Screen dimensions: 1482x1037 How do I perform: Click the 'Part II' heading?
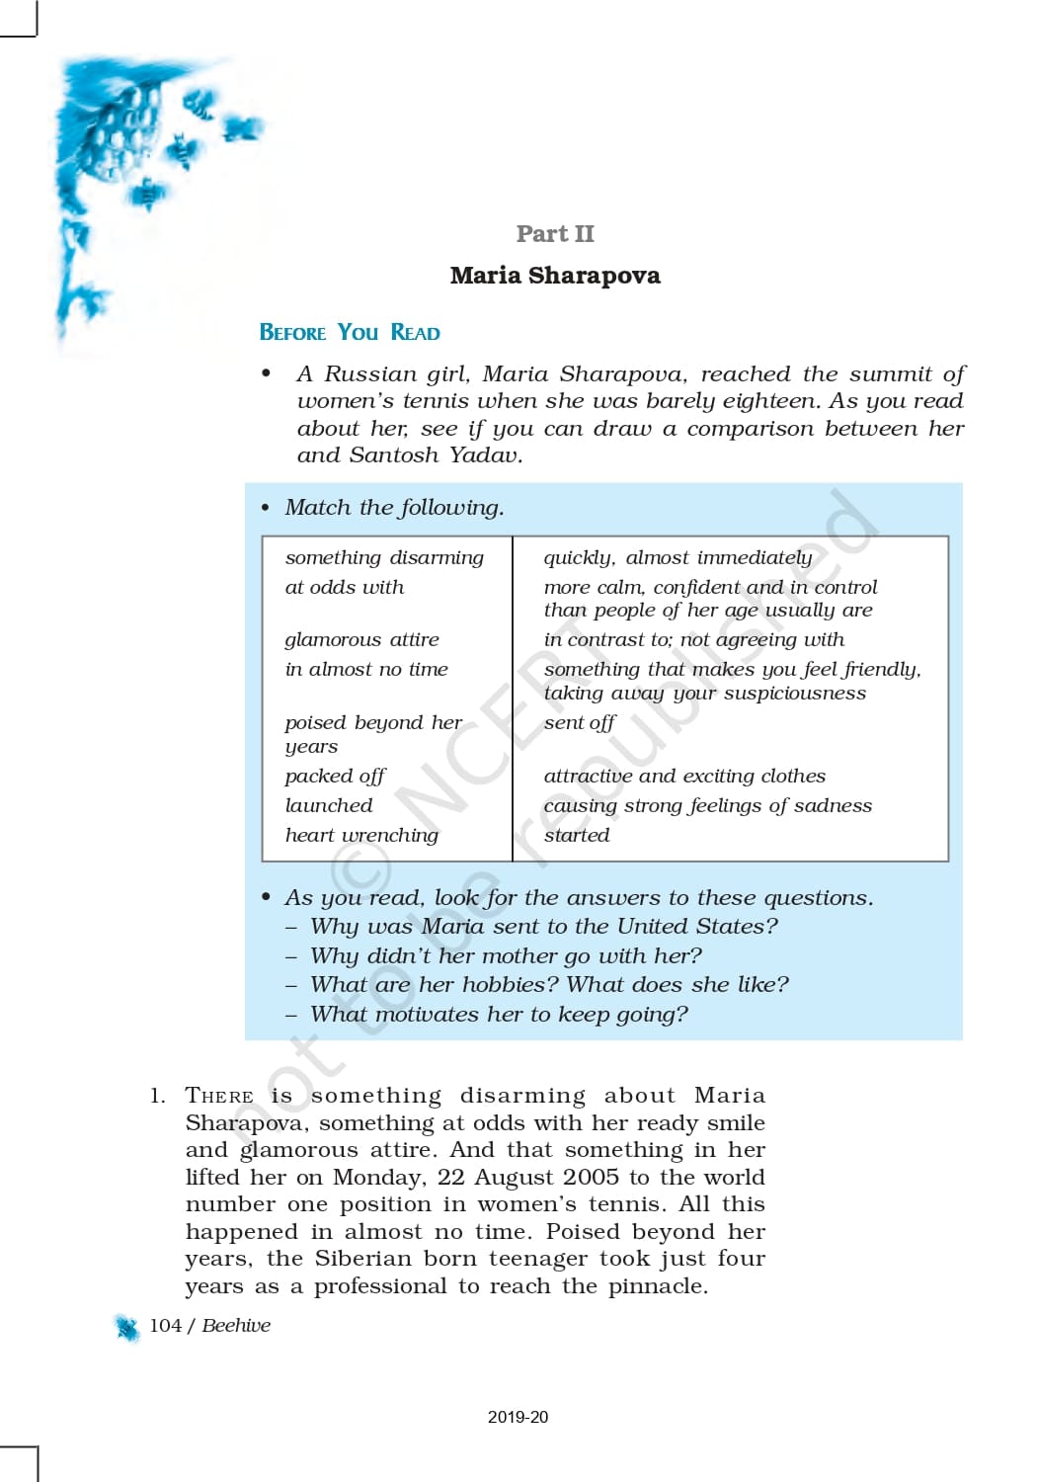[555, 234]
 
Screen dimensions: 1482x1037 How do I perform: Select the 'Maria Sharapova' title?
[555, 276]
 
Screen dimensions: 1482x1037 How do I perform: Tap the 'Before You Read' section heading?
[350, 333]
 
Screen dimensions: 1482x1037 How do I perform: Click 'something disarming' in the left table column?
[384, 558]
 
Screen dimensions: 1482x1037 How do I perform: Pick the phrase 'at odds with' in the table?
[345, 588]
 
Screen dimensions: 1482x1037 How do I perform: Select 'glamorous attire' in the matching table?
[361, 640]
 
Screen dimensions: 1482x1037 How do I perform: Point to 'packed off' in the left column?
[335, 777]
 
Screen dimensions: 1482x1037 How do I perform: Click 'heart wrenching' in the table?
[361, 836]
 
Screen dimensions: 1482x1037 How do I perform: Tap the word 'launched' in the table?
[329, 806]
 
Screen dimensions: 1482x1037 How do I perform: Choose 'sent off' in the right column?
[579, 723]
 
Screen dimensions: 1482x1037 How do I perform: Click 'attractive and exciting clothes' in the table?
[684, 777]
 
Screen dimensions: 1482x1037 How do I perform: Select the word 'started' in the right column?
[577, 836]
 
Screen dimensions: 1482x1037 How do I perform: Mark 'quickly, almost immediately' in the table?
[678, 558]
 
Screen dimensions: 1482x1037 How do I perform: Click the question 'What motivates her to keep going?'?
[499, 1015]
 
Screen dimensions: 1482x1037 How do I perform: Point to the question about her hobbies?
[549, 985]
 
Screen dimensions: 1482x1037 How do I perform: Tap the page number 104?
[165, 1326]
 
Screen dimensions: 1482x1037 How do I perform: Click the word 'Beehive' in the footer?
[236, 1326]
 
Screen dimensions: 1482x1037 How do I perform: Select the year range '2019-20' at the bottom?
[518, 1417]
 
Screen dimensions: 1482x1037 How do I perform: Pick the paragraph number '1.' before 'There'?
[158, 1096]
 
